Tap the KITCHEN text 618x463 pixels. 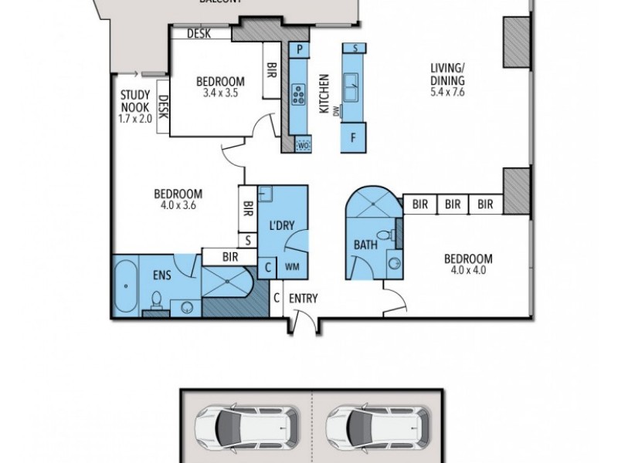click(x=324, y=95)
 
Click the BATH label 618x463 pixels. click(x=365, y=245)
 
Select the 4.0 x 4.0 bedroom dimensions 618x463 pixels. click(x=468, y=271)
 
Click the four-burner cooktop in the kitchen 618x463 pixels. click(x=299, y=96)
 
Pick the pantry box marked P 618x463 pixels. click(x=299, y=50)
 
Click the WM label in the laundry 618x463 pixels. click(x=293, y=268)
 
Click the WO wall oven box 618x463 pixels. click(x=303, y=144)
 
